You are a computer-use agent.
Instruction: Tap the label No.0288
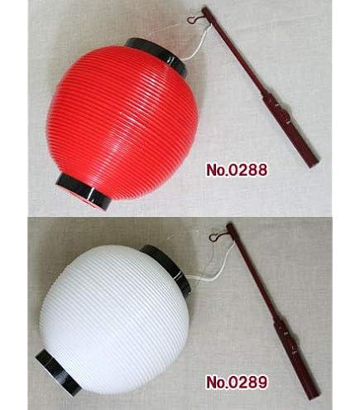coord(237,170)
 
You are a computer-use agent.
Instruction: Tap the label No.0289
coord(237,382)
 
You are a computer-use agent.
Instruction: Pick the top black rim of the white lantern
coord(167,268)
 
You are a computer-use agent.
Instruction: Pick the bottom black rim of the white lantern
coord(58,373)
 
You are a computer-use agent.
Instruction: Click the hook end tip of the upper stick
coord(204,10)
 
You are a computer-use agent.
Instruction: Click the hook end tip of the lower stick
coord(229,226)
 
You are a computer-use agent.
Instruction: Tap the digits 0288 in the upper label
coord(247,170)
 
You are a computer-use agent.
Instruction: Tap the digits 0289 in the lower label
coord(247,382)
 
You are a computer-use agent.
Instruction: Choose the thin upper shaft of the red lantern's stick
coord(233,51)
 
